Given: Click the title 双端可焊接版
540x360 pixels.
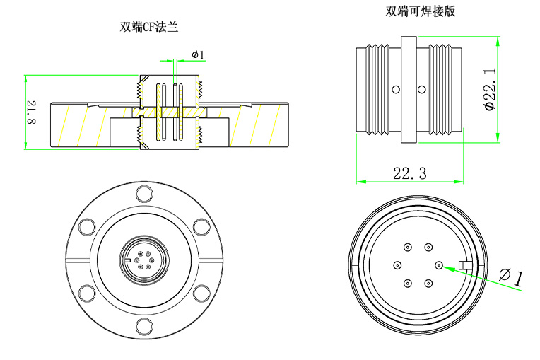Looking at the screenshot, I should pos(416,11).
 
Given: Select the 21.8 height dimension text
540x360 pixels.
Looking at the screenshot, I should pos(32,112).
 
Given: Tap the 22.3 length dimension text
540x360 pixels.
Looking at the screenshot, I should pos(409,173).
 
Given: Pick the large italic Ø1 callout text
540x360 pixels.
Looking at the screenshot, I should pos(510,276).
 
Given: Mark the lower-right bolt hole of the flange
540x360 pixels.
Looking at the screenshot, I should pos(201,293).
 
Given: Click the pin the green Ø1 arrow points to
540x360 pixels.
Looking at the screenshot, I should pos(439,265).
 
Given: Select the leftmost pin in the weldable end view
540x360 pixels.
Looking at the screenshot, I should pos(397,265).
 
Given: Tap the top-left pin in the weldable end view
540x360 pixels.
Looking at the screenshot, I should pos(408,248).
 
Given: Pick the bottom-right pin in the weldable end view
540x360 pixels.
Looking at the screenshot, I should pos(428,284).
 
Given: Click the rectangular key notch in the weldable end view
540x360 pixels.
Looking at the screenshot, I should pos(465,265).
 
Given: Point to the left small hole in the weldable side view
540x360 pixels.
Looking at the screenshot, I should pos(396,89).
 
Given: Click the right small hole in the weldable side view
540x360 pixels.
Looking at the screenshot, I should pos(422,89).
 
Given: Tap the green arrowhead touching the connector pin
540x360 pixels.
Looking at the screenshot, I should pos(445,267).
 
